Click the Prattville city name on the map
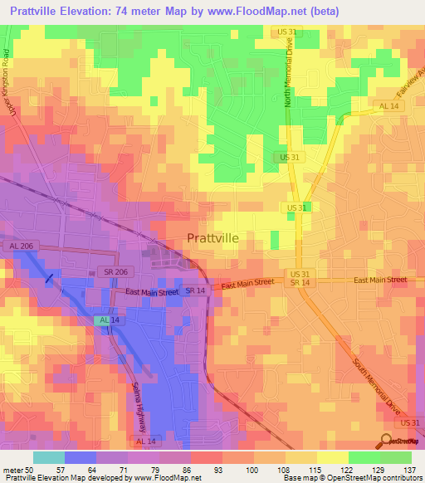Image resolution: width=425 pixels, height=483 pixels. pyautogui.click(x=212, y=237)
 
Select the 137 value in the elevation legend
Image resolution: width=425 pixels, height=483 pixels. pyautogui.click(x=412, y=469)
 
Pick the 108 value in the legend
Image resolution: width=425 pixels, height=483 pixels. pyautogui.click(x=286, y=469)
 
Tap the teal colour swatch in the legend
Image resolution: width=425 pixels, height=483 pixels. pyautogui.click(x=48, y=457)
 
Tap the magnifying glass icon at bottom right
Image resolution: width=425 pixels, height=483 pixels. pyautogui.click(x=386, y=441)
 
